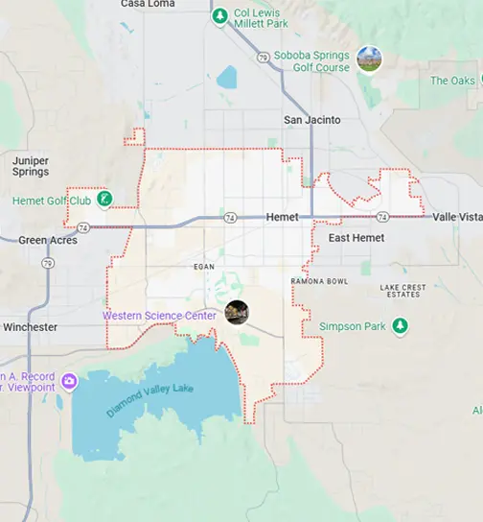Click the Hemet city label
coord(283,218)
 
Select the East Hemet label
coord(356,237)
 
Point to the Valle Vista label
coord(457,218)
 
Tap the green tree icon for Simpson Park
coord(401,326)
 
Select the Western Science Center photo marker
coord(237,312)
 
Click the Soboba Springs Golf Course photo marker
coord(369,59)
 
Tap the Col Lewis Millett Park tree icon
coord(220,16)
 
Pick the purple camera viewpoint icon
coord(69,382)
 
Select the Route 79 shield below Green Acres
coord(47,263)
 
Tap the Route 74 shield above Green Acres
coord(83,227)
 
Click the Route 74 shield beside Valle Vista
coord(382,217)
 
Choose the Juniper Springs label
coord(32,166)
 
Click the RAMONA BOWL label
coord(319,281)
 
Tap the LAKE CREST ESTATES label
coord(402,290)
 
